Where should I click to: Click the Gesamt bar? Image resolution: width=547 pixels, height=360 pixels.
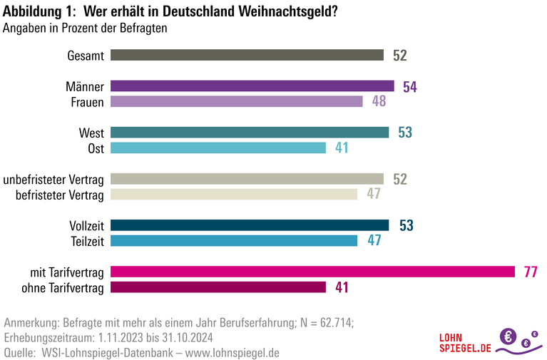coord(247,56)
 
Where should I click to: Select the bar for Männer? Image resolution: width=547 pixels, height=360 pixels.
coord(252,86)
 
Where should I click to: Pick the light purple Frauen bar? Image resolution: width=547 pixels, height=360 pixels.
coord(237,101)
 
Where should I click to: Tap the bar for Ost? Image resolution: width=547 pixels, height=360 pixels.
coord(218,148)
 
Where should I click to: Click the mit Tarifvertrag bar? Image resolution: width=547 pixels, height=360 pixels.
coord(313,272)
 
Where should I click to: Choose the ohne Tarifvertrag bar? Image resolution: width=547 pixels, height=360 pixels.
coord(218,287)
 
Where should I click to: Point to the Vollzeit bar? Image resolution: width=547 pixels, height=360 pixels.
coord(250,225)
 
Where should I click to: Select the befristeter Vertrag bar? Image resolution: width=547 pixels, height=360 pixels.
coord(234,194)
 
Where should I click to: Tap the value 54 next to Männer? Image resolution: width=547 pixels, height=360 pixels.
coord(409,87)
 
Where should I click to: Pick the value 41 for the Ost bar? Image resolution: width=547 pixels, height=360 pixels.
coord(342,148)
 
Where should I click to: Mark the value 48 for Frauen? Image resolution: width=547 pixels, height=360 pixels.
coord(379,102)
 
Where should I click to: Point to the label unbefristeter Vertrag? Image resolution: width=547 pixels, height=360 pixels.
coord(54,179)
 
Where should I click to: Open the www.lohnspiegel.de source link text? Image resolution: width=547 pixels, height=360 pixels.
coord(232,352)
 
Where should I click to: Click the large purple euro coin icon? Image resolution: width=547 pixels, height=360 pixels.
coord(509,336)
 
